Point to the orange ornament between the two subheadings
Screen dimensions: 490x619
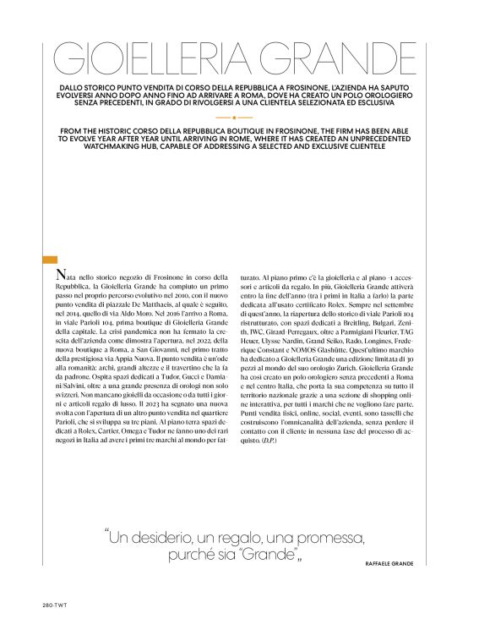click(245, 118)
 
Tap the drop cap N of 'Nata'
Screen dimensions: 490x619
click(59, 277)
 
